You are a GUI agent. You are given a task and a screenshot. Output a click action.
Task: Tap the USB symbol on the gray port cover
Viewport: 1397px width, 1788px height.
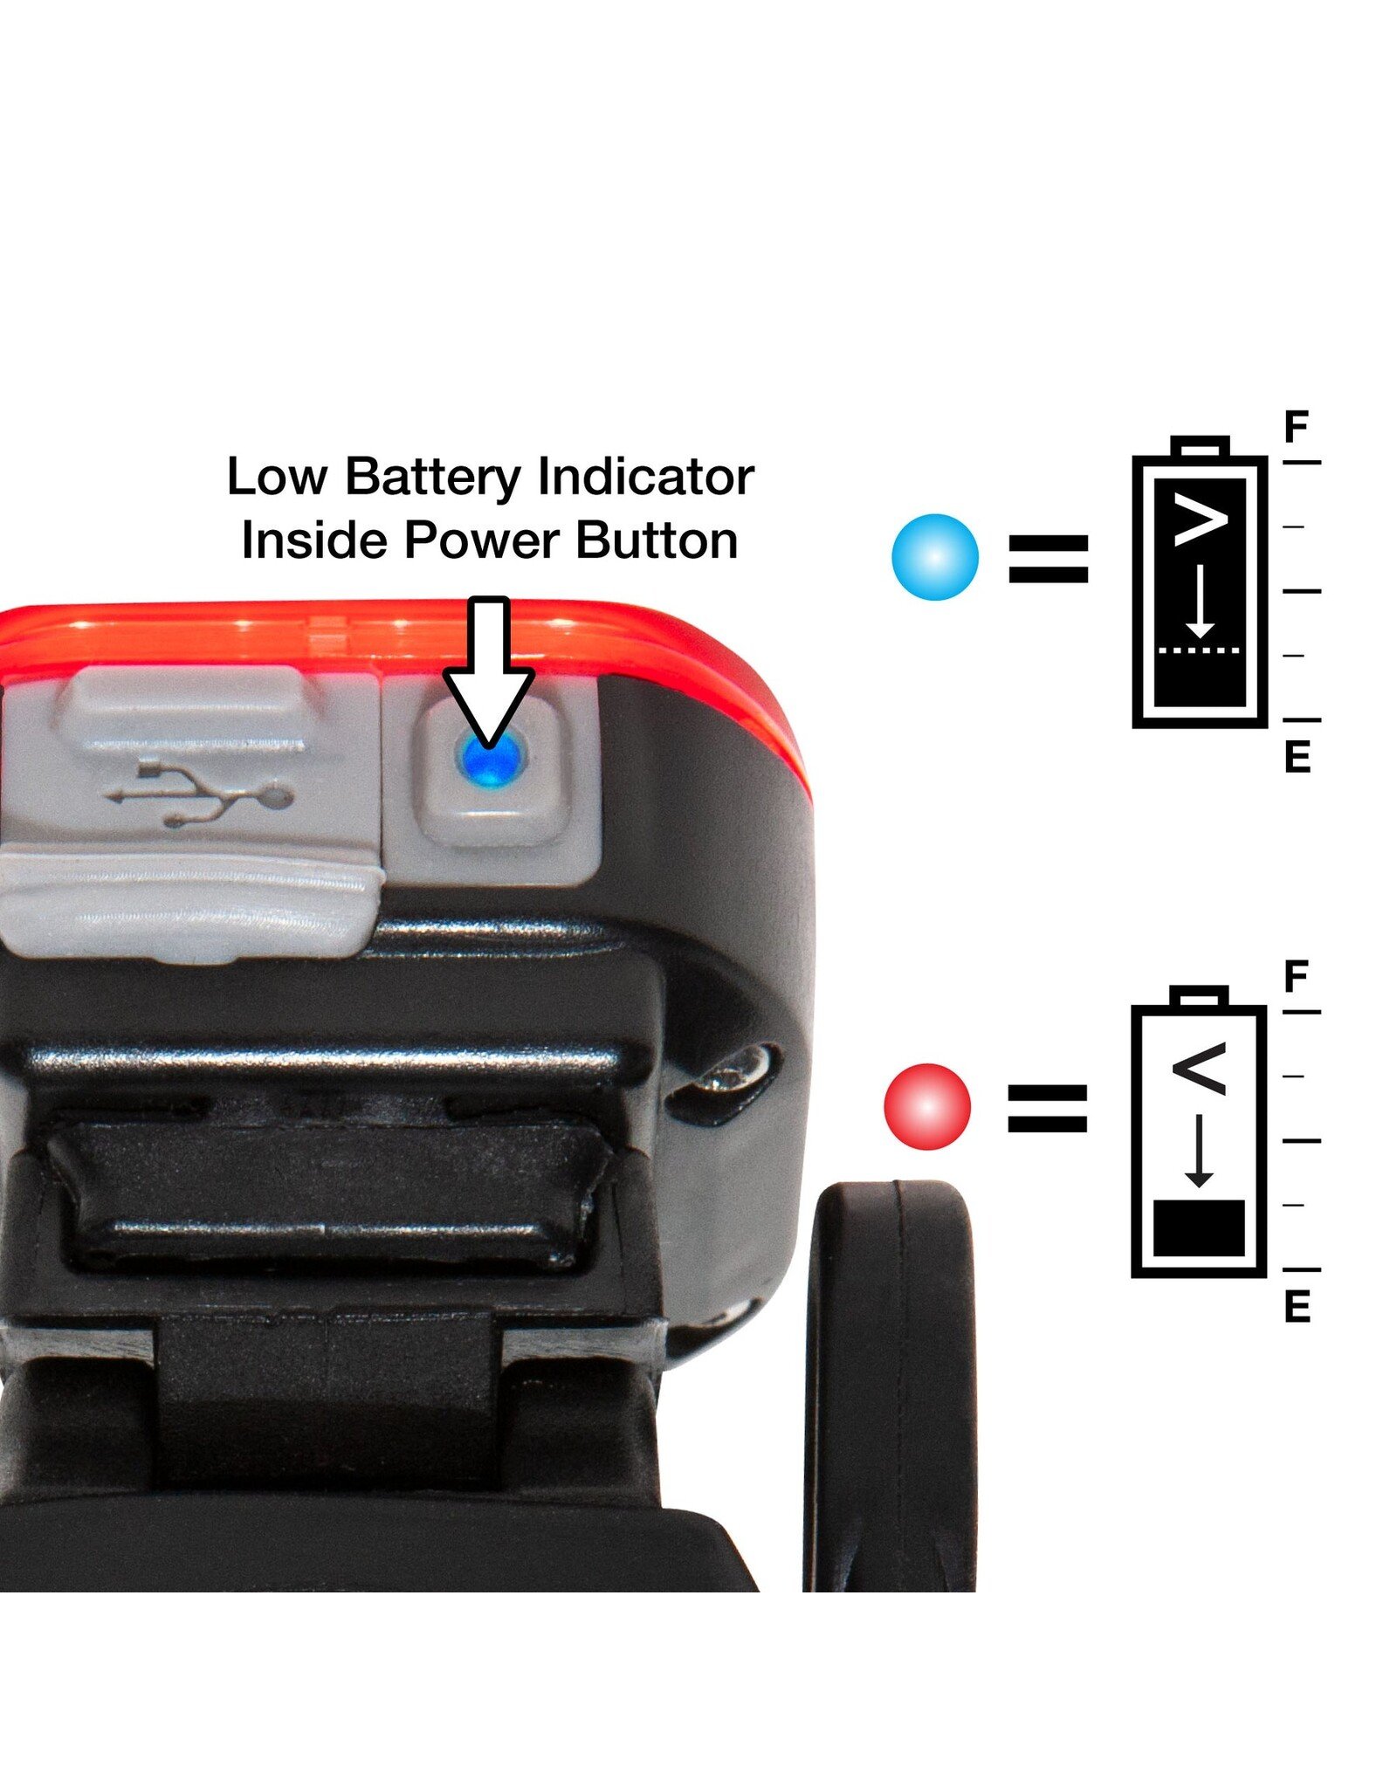click(200, 793)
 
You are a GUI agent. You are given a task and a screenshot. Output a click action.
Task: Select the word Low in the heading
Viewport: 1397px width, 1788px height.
click(277, 477)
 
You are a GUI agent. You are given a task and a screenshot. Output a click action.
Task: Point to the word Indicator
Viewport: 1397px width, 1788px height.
click(646, 477)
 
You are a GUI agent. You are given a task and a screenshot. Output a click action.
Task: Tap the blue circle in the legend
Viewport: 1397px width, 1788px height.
click(935, 557)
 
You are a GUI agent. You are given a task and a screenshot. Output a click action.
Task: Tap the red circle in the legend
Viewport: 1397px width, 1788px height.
click(927, 1106)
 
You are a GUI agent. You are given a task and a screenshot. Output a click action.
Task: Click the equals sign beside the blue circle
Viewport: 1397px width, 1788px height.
click(1049, 559)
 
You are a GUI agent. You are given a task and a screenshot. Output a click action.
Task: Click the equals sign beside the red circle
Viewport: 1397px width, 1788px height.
click(1048, 1108)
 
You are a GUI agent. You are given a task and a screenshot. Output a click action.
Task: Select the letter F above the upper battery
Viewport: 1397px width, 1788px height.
click(1297, 427)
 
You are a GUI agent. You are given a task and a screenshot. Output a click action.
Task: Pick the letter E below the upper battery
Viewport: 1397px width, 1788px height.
click(1297, 756)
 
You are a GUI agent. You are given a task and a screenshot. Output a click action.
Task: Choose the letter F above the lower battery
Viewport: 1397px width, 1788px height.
click(1297, 976)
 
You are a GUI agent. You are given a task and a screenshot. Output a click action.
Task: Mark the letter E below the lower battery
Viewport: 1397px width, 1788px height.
click(1297, 1306)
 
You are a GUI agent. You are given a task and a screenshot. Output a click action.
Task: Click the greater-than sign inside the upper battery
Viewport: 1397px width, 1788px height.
click(1201, 520)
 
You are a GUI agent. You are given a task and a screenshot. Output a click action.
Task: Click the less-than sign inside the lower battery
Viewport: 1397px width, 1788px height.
click(1200, 1069)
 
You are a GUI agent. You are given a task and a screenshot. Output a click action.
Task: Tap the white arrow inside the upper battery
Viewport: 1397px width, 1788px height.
click(1201, 602)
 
